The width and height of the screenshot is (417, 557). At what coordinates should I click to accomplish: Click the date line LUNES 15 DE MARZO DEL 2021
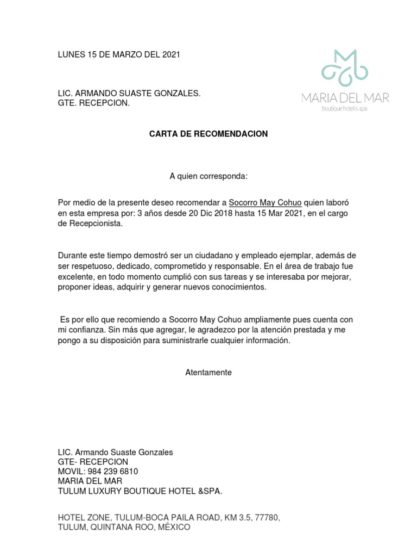click(x=119, y=54)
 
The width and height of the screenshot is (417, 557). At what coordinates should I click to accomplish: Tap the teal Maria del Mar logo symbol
click(x=345, y=69)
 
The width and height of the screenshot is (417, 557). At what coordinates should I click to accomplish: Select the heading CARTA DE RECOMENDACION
click(x=208, y=134)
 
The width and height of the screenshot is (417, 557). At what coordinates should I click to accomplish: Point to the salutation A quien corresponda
click(x=208, y=176)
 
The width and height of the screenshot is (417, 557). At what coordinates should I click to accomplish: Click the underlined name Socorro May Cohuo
click(x=265, y=202)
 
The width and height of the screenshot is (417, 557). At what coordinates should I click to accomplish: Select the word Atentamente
click(x=208, y=373)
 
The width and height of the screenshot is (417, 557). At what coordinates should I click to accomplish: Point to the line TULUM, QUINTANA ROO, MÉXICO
click(x=124, y=528)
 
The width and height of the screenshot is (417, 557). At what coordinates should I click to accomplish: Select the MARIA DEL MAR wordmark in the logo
click(x=345, y=98)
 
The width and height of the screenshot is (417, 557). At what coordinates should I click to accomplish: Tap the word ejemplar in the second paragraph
click(x=309, y=256)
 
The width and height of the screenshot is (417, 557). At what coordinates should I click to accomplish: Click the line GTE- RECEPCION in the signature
click(x=93, y=462)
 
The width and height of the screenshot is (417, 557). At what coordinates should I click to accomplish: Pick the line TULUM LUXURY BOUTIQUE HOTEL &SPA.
click(x=140, y=491)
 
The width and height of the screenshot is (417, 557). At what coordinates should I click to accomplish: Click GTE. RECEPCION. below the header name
click(x=94, y=103)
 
